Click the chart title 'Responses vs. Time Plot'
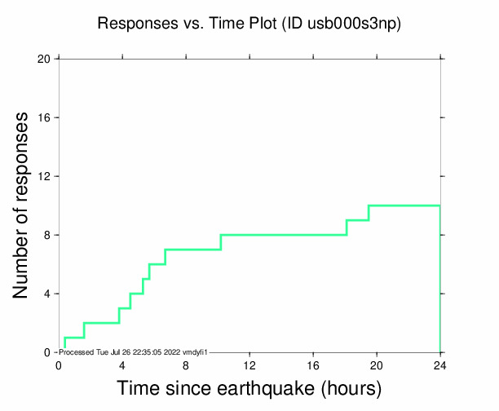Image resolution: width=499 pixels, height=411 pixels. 188,24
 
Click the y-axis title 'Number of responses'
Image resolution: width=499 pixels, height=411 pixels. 25,205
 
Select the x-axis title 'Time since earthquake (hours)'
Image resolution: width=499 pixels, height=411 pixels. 249,388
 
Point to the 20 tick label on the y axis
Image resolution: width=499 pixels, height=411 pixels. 44,59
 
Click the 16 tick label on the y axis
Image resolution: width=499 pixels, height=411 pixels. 44,117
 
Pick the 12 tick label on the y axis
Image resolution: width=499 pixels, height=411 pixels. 44,176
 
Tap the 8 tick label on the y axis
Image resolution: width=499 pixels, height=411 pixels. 47,235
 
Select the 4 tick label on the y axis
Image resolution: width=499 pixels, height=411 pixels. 47,294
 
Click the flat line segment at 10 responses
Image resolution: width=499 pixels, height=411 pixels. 404,205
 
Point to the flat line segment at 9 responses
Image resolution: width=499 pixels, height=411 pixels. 357,220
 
